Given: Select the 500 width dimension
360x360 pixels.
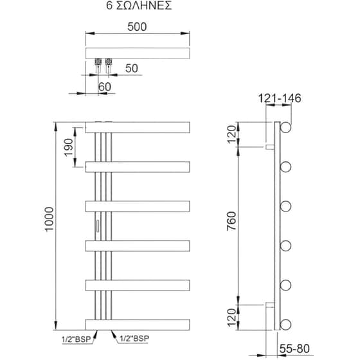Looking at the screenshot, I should click(137, 27).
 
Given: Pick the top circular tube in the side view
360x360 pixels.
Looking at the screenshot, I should click(285, 127).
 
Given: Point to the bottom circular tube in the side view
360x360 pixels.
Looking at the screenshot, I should click(285, 322).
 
